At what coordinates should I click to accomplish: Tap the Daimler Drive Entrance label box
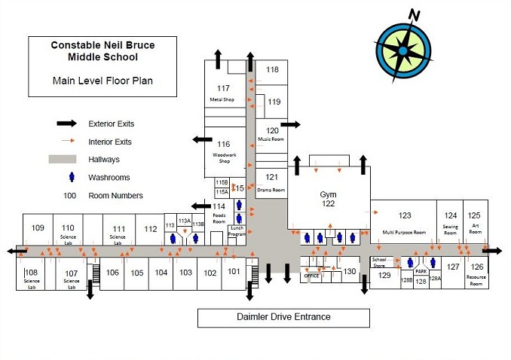283,317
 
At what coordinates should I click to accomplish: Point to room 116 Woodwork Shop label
223,148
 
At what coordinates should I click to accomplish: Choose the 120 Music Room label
271,133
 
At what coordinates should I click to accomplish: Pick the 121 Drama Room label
271,182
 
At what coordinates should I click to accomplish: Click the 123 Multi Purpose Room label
405,221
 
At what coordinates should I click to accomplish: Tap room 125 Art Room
474,221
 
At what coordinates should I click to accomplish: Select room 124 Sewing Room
451,221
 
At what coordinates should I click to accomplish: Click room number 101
234,272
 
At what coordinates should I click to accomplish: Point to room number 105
136,273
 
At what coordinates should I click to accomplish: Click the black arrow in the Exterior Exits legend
66,124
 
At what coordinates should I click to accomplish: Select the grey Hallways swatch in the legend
66,160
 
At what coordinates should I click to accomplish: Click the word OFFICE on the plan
312,276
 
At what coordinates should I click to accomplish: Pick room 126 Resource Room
476,270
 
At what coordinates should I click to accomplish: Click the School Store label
379,262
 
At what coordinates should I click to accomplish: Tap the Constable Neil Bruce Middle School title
103,50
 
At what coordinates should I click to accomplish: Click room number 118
272,70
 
